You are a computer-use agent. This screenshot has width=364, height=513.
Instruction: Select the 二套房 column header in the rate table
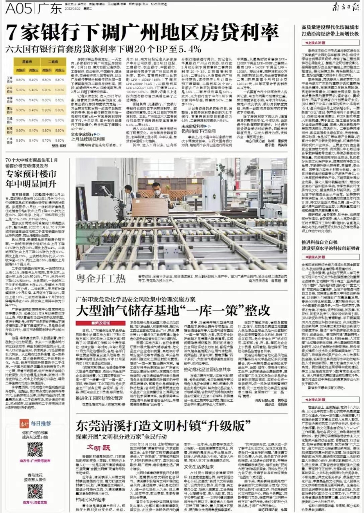(53, 62)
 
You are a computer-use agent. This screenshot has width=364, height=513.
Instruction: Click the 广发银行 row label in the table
(9, 140)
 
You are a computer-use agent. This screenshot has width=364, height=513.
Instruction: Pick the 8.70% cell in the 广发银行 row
(47, 140)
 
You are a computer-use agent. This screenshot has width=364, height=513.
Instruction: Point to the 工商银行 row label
(9, 80)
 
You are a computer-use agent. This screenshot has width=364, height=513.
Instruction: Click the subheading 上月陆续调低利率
(88, 139)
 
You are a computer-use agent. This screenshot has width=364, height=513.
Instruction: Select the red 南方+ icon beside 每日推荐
(24, 423)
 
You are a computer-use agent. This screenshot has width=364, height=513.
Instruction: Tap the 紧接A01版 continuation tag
(313, 257)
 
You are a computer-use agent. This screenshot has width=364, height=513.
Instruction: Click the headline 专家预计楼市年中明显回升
(31, 179)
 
